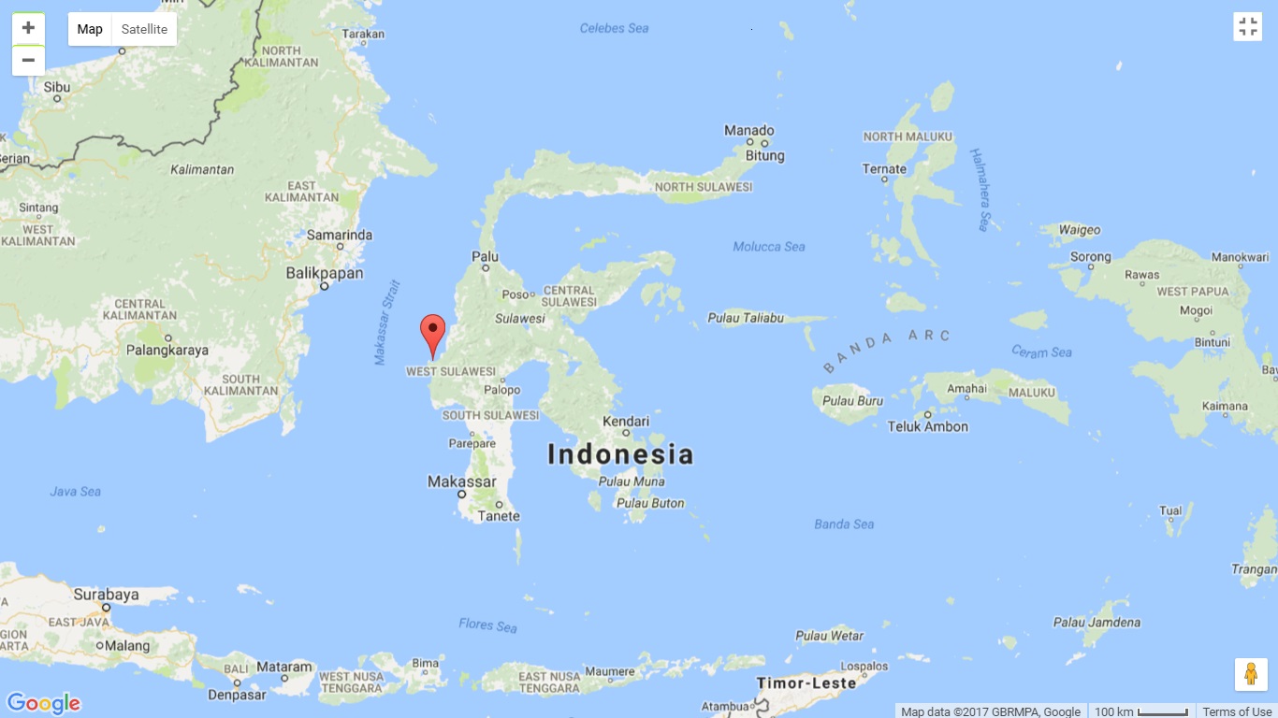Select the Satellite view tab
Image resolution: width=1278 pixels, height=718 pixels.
click(144, 29)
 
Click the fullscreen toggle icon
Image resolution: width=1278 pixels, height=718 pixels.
click(1248, 26)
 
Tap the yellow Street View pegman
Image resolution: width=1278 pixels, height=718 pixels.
click(1251, 674)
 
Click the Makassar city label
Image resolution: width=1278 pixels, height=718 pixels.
click(461, 481)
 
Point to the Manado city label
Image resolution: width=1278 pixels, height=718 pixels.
click(749, 131)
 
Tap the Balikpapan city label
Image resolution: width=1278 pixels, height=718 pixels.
click(325, 274)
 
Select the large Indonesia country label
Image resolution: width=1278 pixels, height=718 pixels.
click(620, 454)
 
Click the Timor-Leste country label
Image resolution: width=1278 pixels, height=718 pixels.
click(806, 683)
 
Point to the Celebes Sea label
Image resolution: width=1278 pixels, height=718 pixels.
click(614, 28)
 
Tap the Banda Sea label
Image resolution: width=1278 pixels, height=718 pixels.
click(844, 524)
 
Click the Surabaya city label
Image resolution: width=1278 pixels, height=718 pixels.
click(106, 595)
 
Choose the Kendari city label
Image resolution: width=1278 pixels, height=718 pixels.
click(626, 422)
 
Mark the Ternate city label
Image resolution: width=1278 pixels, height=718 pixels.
click(884, 169)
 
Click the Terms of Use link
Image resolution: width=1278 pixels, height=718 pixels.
click(1237, 711)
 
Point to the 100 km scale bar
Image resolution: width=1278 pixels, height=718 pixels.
click(1140, 711)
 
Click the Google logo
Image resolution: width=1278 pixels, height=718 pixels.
click(43, 703)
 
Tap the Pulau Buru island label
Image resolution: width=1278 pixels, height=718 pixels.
click(852, 401)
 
